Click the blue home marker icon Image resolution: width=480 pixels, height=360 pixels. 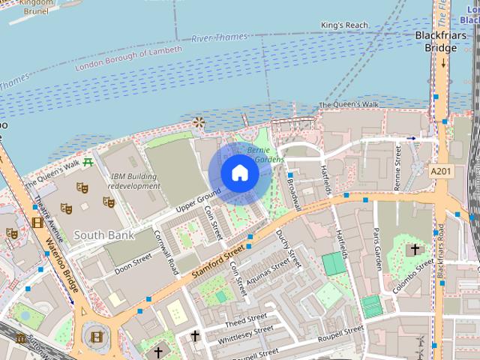tap(239, 173)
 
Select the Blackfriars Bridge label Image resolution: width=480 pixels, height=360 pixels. tap(436, 41)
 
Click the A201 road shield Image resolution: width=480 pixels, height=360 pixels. tap(441, 172)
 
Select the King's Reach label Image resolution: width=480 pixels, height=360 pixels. tap(345, 25)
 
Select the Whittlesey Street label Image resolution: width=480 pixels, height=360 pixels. tap(245, 334)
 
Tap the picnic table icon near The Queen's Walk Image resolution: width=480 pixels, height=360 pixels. tap(88, 160)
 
